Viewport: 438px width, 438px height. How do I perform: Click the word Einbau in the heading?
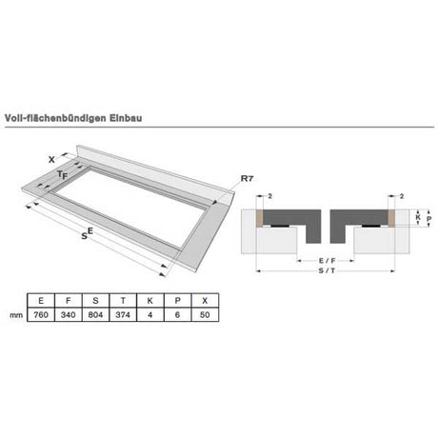click(x=126, y=118)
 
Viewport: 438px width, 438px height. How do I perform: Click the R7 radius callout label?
click(x=247, y=178)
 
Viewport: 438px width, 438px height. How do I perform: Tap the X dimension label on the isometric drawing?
click(x=51, y=160)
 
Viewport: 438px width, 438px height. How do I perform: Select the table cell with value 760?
click(x=41, y=314)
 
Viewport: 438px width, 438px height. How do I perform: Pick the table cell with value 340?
click(x=69, y=314)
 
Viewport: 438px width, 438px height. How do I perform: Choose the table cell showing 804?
click(x=95, y=314)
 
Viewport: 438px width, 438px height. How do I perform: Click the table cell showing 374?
click(x=123, y=314)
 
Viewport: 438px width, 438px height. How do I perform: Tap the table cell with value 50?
click(x=205, y=314)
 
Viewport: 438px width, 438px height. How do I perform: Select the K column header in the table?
click(x=150, y=300)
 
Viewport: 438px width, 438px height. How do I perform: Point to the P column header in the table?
click(x=177, y=300)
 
